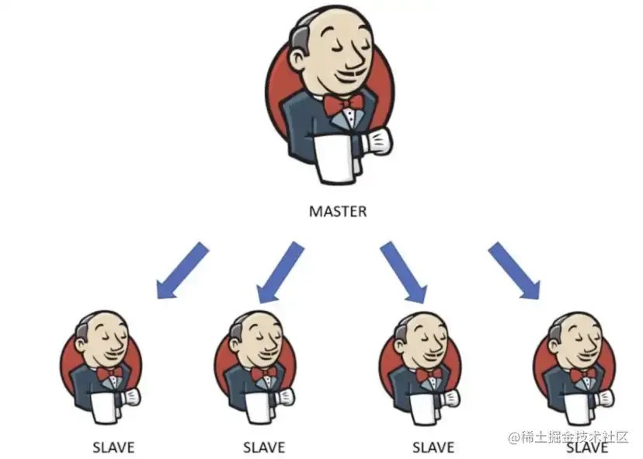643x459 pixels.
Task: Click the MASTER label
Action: pyautogui.click(x=337, y=210)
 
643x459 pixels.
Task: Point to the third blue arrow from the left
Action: pyautogui.click(x=403, y=271)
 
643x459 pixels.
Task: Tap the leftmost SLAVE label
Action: pyautogui.click(x=113, y=447)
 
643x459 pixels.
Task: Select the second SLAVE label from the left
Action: pyautogui.click(x=264, y=447)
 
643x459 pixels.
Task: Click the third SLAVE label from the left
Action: pyautogui.click(x=433, y=447)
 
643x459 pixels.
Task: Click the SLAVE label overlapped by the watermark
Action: pyautogui.click(x=586, y=448)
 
